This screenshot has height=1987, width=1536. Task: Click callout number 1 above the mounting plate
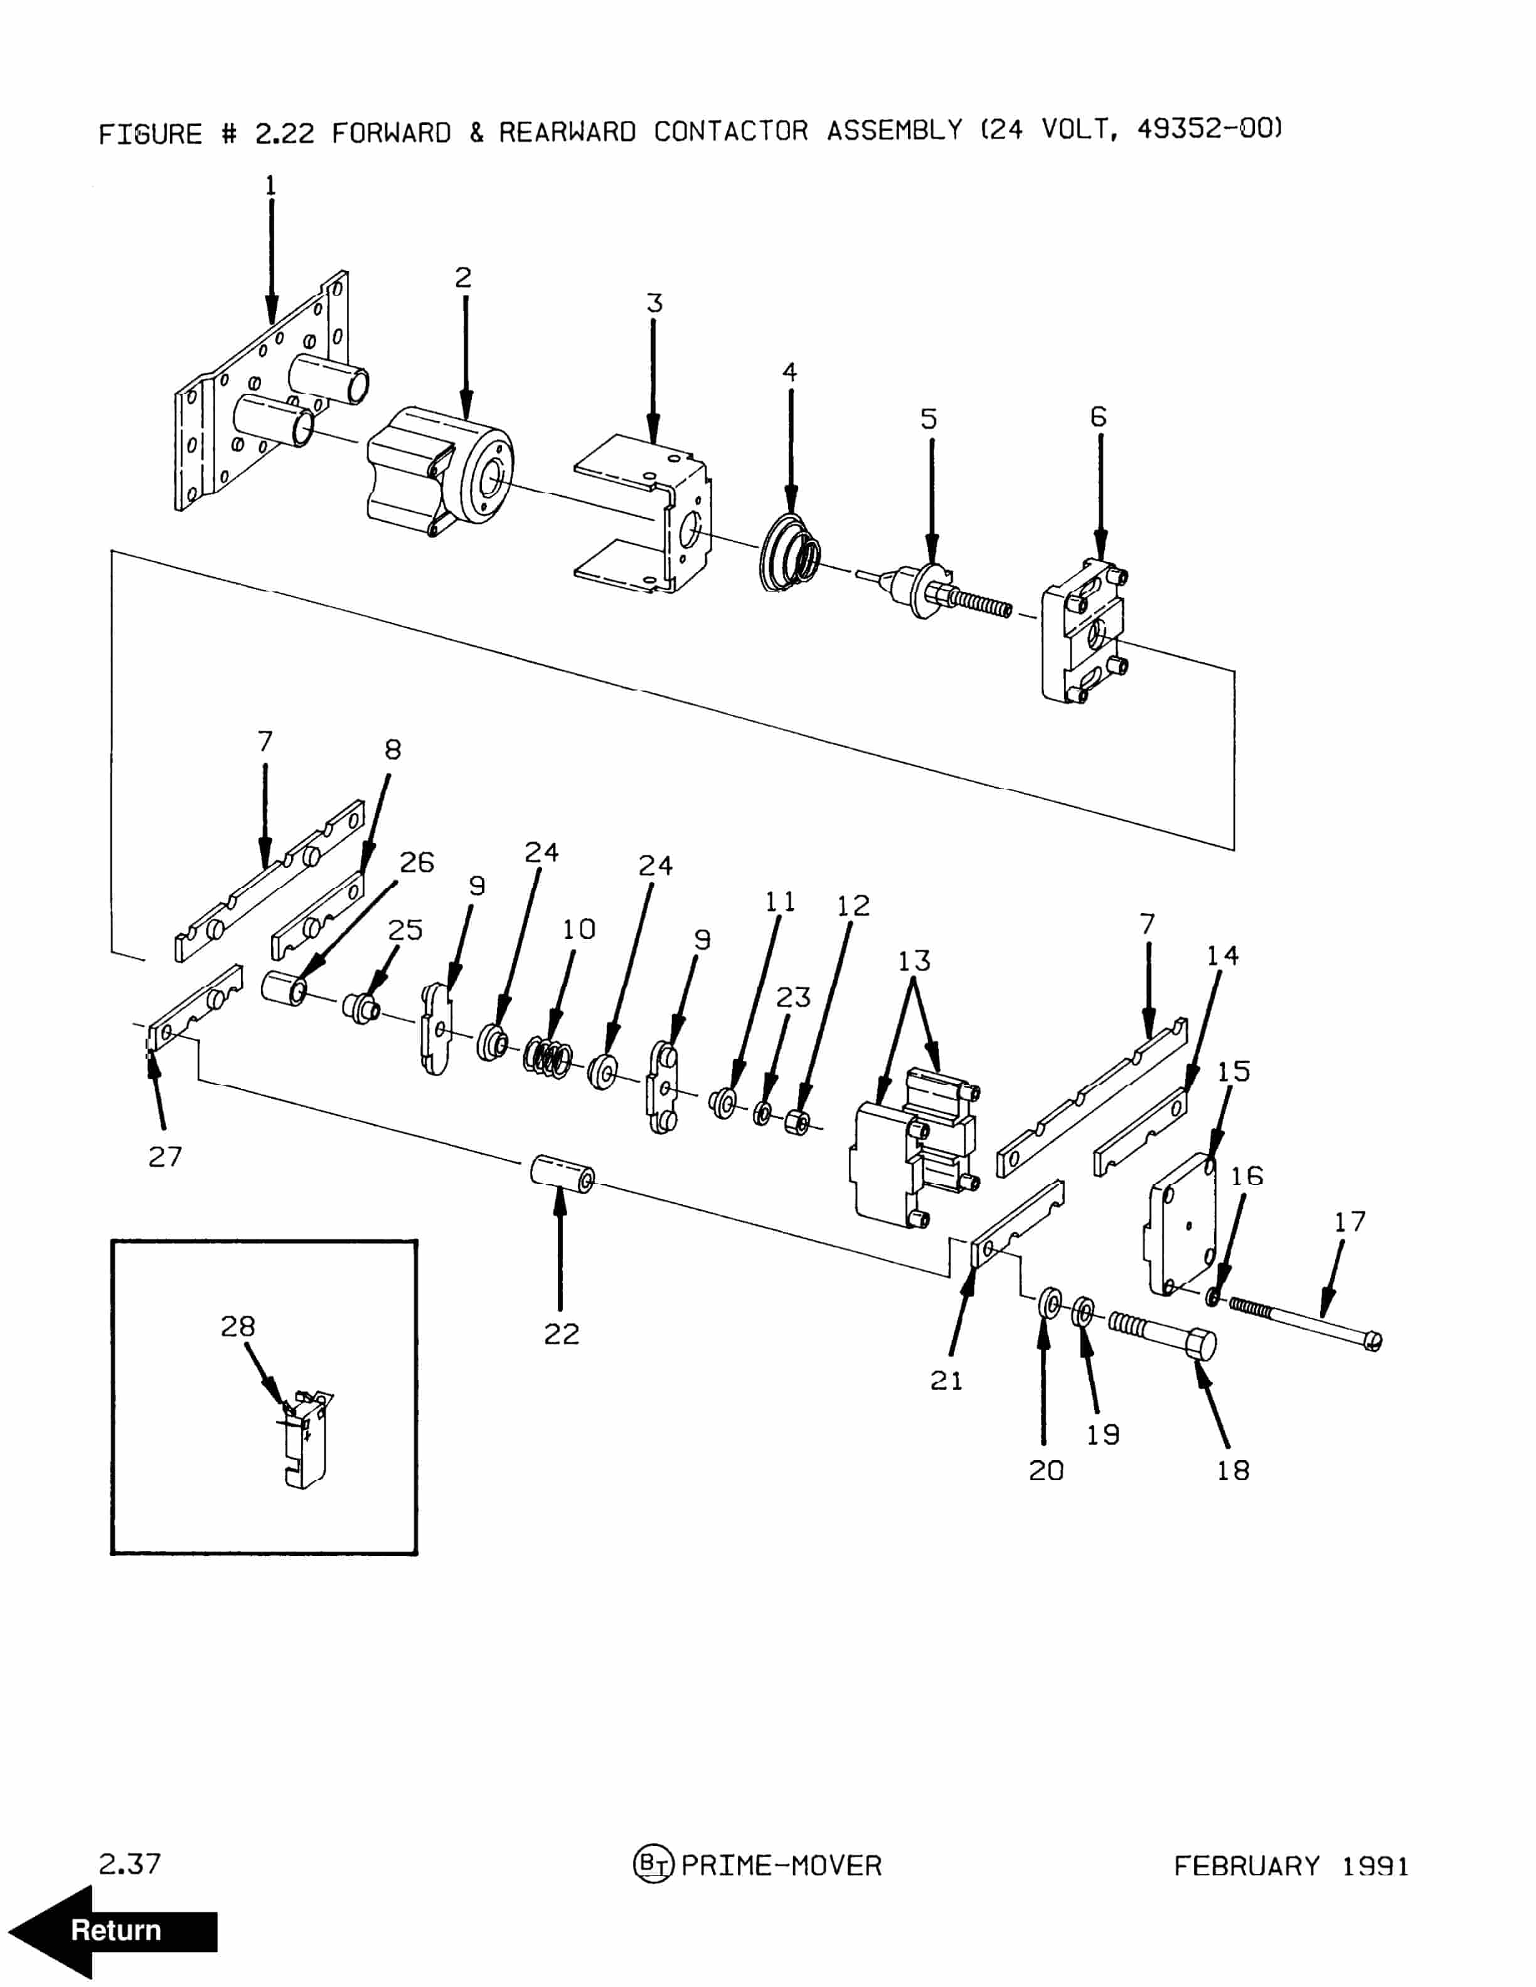pyautogui.click(x=270, y=186)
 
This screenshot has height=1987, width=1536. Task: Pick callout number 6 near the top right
pyautogui.click(x=1098, y=416)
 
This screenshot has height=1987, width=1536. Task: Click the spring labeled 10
pyautogui.click(x=548, y=1058)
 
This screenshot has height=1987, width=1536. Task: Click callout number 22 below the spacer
pyautogui.click(x=562, y=1334)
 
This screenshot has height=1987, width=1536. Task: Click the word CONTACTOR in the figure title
pyautogui.click(x=730, y=131)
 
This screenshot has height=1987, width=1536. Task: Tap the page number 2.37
pyautogui.click(x=129, y=1864)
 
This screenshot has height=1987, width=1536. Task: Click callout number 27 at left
pyautogui.click(x=164, y=1157)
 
